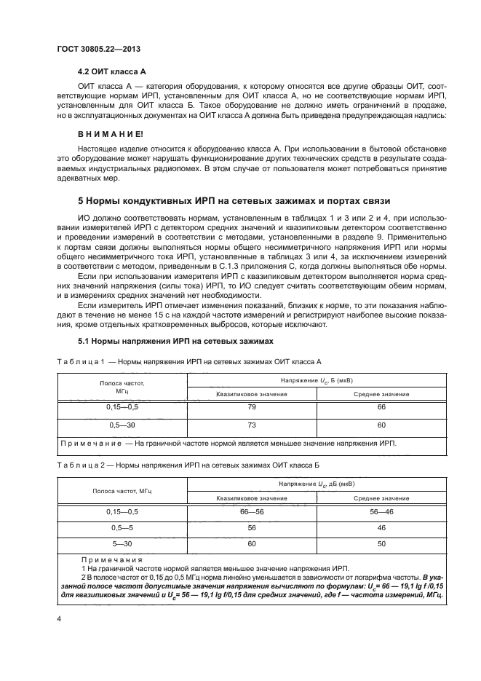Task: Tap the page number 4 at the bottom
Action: [59, 618]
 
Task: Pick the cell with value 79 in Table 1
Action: [252, 407]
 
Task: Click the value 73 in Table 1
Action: [252, 425]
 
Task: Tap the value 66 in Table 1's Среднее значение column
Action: [381, 407]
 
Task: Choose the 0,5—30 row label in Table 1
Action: [122, 425]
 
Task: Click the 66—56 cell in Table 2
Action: [252, 513]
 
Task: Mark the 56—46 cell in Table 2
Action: [381, 513]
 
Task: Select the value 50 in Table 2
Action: [381, 543]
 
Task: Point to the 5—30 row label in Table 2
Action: [122, 543]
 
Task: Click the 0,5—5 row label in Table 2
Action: [122, 528]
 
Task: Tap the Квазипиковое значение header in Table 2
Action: [252, 498]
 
